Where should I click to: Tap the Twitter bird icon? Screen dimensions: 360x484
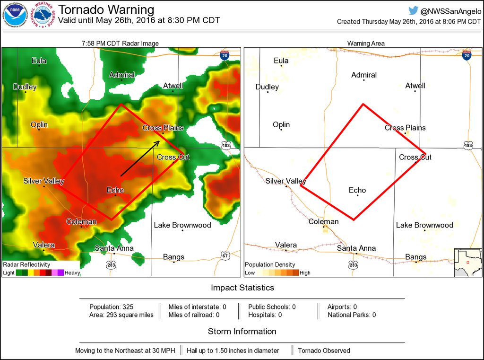point(414,10)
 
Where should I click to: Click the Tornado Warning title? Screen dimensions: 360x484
point(106,9)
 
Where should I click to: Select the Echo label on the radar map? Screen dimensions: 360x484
point(115,190)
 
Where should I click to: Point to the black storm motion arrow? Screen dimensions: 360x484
point(140,158)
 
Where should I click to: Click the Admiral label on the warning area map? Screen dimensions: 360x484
point(364,75)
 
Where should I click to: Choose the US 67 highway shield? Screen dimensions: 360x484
point(225,256)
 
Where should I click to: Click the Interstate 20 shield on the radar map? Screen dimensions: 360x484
point(225,55)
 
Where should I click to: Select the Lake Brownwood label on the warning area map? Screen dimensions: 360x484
point(424,225)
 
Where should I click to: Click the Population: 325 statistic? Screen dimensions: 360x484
point(112,307)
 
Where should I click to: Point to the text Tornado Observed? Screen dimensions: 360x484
point(324,351)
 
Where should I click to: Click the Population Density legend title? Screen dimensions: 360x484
point(270,264)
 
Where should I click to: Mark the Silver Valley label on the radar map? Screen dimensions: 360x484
point(43,181)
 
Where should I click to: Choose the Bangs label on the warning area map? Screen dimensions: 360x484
point(415,257)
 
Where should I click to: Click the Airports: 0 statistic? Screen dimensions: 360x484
point(342,307)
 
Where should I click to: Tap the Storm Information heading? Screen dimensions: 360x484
point(242,332)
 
